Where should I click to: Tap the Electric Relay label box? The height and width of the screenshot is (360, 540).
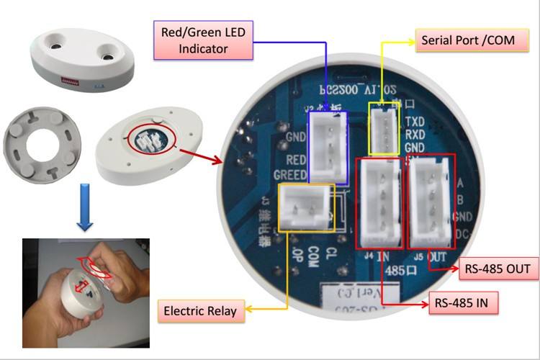(200, 312)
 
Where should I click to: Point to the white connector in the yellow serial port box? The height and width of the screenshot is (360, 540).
(384, 127)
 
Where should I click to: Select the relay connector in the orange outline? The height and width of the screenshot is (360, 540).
(305, 207)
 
